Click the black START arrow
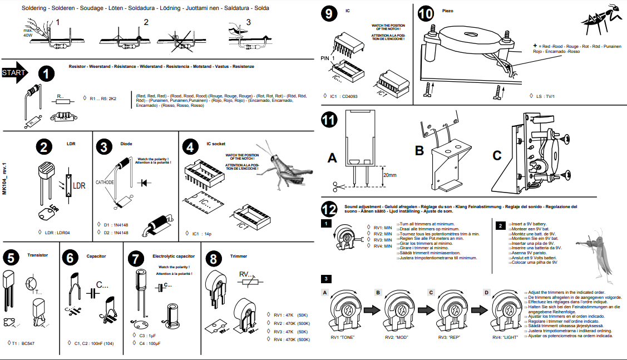pos(16,73)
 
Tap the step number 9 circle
pos(330,14)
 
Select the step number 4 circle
pos(191,147)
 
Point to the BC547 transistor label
pos(31,343)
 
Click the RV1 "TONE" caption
pos(342,337)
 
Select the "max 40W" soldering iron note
pos(28,32)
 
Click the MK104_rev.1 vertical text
pos(4,178)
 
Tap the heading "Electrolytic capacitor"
pos(173,257)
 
